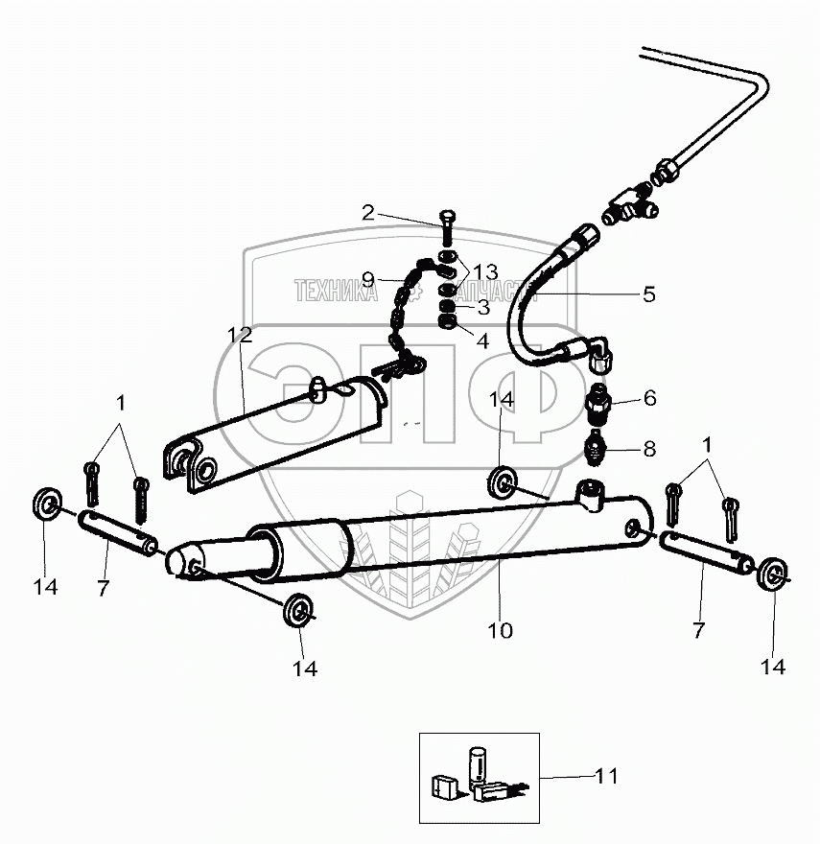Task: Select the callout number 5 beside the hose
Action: pos(649,294)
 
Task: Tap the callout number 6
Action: pos(649,397)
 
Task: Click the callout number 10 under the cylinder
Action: pos(500,630)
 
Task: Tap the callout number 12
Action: pos(239,335)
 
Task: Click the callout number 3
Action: pos(482,308)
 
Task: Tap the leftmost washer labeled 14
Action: pos(45,502)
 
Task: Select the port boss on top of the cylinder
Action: pos(588,496)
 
